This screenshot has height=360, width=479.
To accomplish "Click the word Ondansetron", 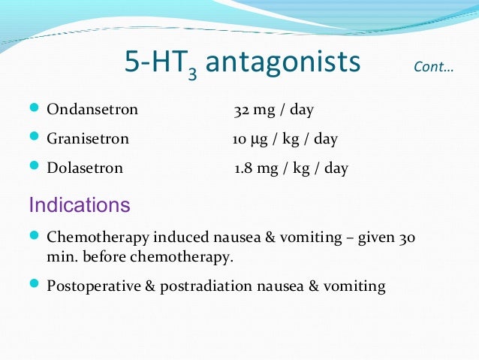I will click(x=92, y=110).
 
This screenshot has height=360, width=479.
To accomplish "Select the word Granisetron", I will click(x=88, y=139).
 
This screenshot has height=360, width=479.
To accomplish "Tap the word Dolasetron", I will click(x=85, y=168).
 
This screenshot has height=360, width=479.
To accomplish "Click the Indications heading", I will click(x=79, y=204).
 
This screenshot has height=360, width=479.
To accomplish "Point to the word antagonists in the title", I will click(x=283, y=62).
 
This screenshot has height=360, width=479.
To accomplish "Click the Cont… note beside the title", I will click(x=433, y=68).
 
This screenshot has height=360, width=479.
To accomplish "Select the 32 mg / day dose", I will click(x=273, y=110).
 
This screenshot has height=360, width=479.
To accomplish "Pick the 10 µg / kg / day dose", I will click(x=285, y=139).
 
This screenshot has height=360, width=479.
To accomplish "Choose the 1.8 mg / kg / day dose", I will click(x=291, y=168).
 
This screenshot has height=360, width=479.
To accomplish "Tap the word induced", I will click(x=180, y=237).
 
